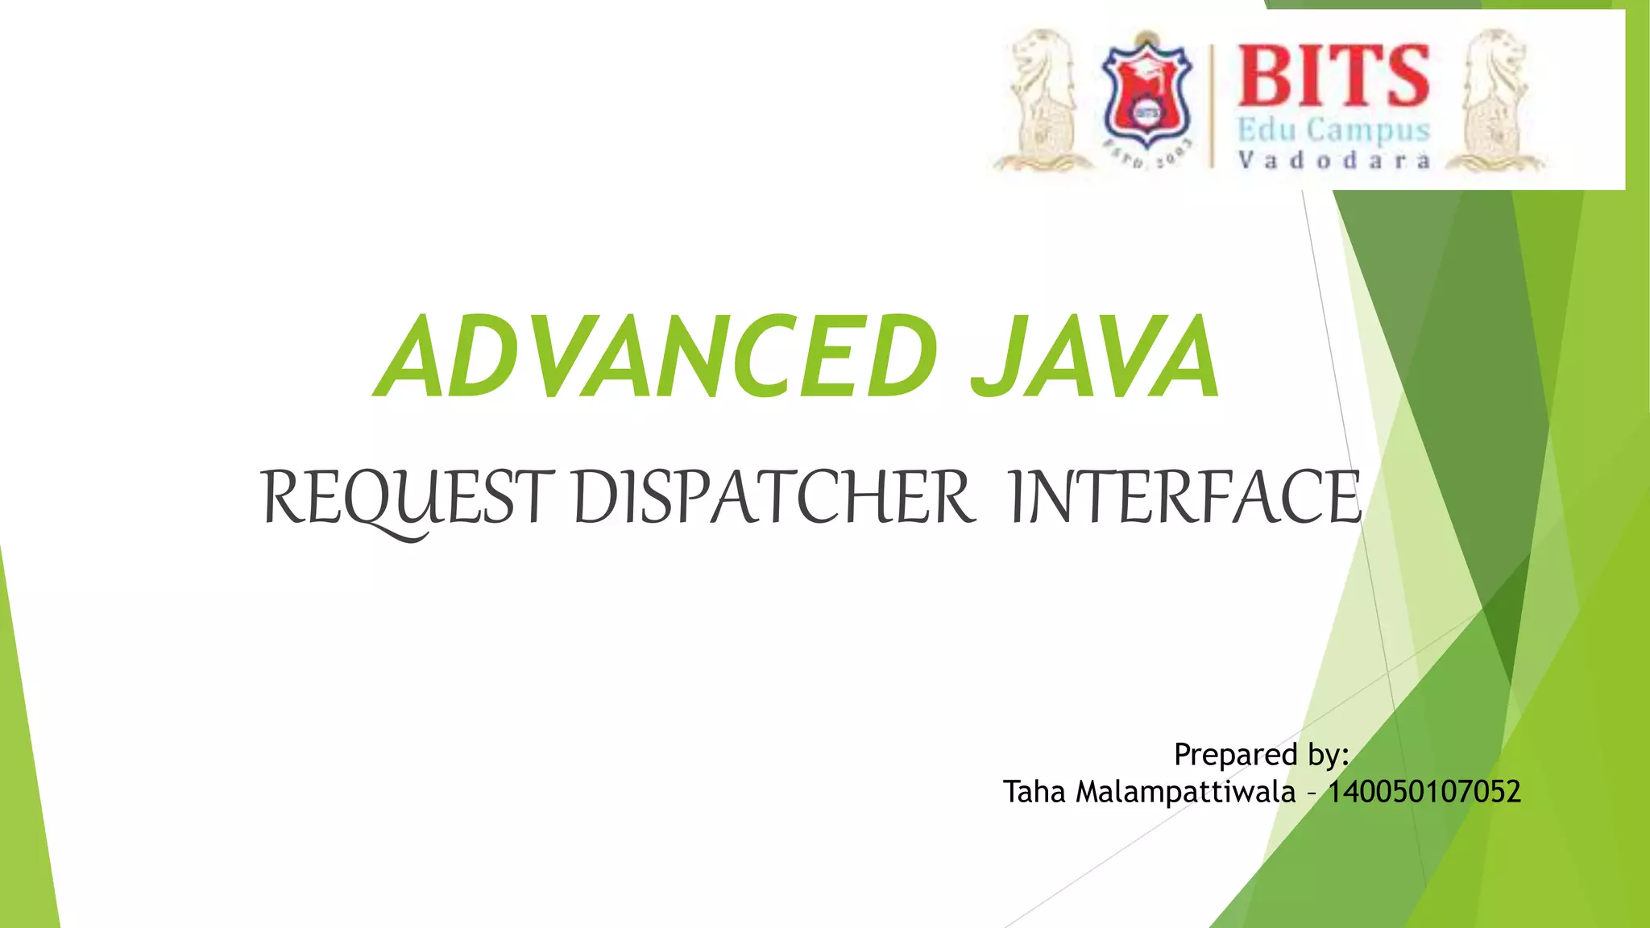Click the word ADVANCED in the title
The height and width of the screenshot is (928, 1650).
coord(657,357)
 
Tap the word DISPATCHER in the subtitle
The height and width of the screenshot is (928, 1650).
coord(773,498)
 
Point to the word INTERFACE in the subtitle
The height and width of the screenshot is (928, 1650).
coord(1184,498)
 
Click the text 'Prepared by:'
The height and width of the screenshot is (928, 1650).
coord(1261,755)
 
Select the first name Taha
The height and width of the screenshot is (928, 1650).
coord(1034,792)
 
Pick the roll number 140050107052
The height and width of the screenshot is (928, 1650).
coord(1424,792)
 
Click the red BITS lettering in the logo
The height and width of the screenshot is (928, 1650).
coord(1333,76)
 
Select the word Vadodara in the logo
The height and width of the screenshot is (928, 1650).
coord(1333,160)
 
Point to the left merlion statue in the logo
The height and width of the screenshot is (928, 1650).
coord(1043,101)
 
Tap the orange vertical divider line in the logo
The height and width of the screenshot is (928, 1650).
coord(1212,105)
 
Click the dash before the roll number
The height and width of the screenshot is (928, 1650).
coord(1312,794)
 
